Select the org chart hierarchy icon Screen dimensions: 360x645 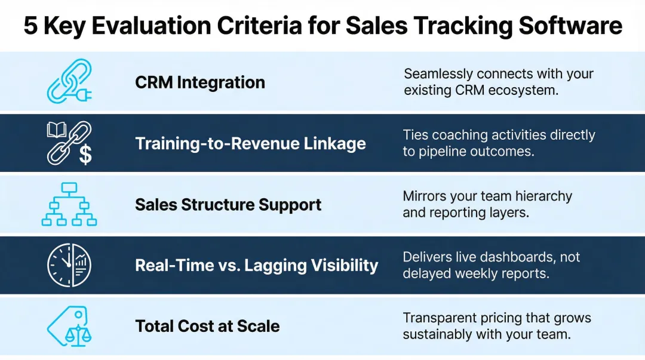pos(69,205)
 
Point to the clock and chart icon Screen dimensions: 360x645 pos(69,264)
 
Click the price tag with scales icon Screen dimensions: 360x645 pos(68,326)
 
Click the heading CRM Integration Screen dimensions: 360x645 pos(200,82)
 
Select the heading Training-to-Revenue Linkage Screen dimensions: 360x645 pos(250,144)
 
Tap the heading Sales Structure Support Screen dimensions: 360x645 pos(228,205)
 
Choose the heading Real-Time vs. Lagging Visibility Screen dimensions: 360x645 pos(257,265)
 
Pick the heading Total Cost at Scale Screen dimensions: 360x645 pos(207,326)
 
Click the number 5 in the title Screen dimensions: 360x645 pos(30,26)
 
